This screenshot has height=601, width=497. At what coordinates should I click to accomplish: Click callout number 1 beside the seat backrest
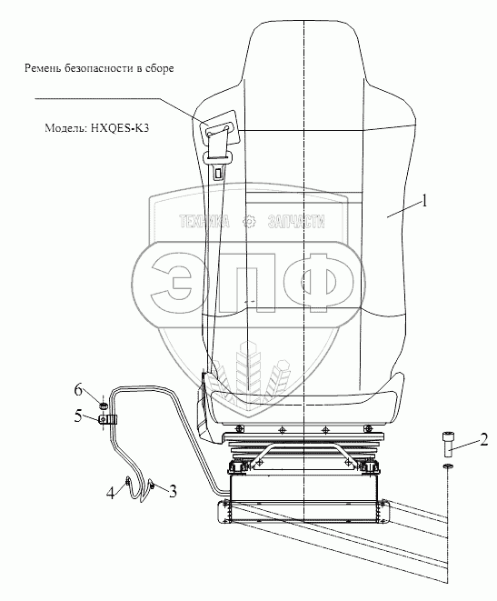(x=423, y=201)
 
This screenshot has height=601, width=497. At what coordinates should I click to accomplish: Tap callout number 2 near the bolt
(x=484, y=440)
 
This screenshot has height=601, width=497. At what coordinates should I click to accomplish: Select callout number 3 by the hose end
(x=173, y=491)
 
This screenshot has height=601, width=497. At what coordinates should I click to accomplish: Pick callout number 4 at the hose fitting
(x=111, y=493)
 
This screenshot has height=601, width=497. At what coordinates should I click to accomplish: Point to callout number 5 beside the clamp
(x=78, y=416)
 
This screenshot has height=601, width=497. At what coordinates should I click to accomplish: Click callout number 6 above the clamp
(x=78, y=391)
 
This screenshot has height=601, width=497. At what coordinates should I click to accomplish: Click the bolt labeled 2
(x=448, y=445)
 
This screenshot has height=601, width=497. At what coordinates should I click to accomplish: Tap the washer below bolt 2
(x=448, y=466)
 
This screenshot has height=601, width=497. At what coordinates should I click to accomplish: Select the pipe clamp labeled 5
(x=108, y=420)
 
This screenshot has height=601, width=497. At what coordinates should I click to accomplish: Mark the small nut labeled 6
(x=103, y=406)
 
